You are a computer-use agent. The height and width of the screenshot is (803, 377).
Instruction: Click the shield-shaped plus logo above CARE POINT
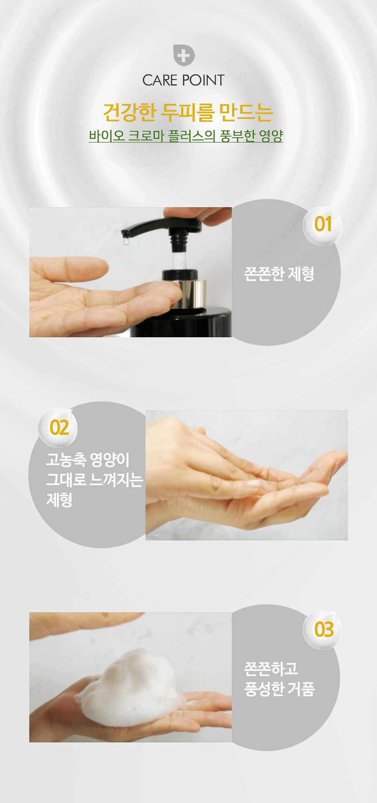(x=184, y=55)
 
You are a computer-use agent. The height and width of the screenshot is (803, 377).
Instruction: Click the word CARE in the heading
(x=160, y=80)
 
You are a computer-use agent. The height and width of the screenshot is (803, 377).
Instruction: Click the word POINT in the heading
(x=203, y=80)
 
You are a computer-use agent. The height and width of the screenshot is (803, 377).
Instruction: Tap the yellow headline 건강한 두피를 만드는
(x=188, y=112)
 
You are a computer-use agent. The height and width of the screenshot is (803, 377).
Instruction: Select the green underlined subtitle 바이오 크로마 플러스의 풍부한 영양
(x=186, y=136)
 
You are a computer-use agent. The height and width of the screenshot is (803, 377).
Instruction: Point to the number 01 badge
(x=322, y=225)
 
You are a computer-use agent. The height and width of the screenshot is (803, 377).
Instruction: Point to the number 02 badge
(x=58, y=428)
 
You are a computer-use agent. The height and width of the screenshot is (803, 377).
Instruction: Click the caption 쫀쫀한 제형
(x=279, y=274)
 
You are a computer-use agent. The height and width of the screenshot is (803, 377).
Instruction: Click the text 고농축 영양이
(x=88, y=460)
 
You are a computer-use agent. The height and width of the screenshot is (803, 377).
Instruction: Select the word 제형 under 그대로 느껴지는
(x=59, y=500)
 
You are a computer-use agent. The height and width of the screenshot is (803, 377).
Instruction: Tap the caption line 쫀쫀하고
(x=271, y=668)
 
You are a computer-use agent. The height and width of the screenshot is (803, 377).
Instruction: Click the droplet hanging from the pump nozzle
(x=126, y=240)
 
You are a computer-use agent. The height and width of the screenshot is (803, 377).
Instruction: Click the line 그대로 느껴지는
(x=95, y=480)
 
